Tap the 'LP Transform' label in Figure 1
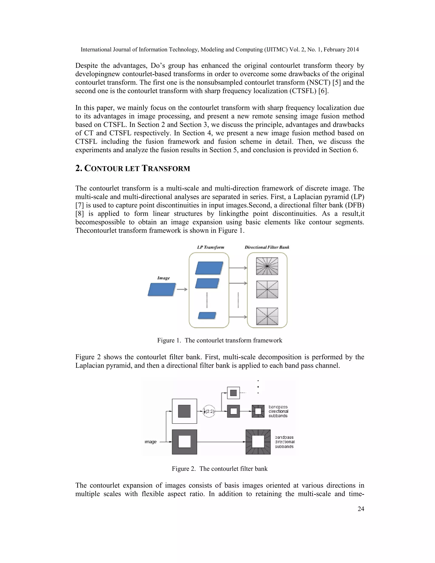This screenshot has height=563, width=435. (210, 247)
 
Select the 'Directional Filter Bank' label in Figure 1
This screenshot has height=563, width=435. (267, 247)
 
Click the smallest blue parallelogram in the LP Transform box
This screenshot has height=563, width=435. (207, 315)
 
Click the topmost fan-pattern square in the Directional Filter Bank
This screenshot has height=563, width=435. (267, 266)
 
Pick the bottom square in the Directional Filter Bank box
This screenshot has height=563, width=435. (267, 316)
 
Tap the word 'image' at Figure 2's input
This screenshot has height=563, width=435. (151, 442)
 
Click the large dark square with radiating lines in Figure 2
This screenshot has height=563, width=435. (258, 442)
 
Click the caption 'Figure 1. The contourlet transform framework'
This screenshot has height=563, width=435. (220, 340)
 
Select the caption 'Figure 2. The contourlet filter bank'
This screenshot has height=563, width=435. (220, 469)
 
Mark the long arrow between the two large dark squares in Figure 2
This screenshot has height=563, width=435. (221, 442)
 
